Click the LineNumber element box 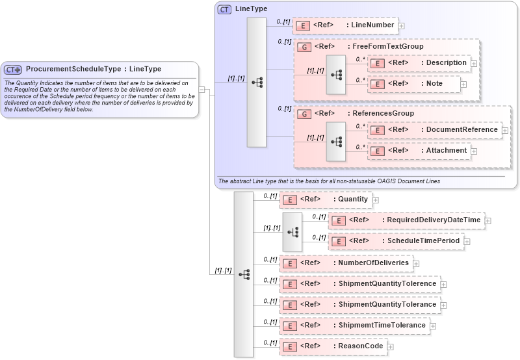click(344, 25)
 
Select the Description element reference click(419, 63)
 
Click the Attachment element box click(419, 150)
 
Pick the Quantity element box click(325, 199)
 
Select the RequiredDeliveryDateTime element click(406, 220)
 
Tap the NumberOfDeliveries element click(346, 263)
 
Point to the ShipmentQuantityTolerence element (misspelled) click(359, 283)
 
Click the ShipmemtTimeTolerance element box click(354, 325)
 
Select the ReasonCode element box click(332, 346)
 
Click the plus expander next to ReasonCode click(390, 347)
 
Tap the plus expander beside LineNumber click(401, 26)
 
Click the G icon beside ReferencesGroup click(303, 114)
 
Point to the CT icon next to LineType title click(224, 9)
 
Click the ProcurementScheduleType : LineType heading click(94, 69)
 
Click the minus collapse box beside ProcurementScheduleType click(202, 90)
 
